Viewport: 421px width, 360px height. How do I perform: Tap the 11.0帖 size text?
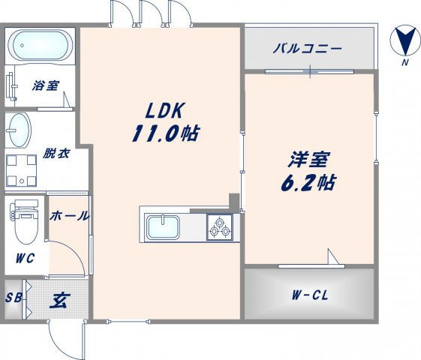click(x=166, y=135)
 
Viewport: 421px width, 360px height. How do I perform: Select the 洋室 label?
click(x=308, y=159)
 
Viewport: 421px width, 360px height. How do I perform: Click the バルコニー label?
click(x=307, y=49)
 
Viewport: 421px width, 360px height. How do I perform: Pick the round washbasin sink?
click(x=20, y=130)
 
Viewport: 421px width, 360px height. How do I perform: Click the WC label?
click(x=26, y=259)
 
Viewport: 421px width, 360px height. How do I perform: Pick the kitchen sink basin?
click(x=161, y=226)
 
